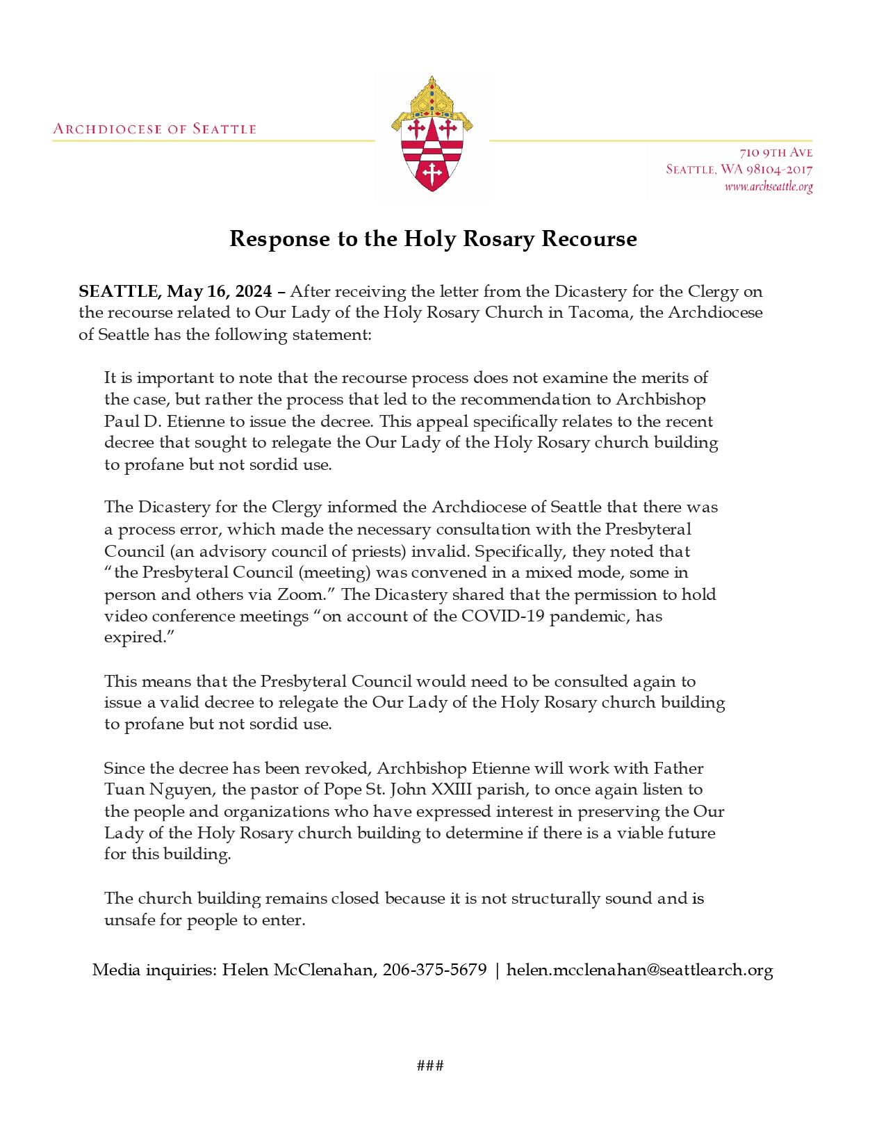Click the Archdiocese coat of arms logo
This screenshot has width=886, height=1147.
432,136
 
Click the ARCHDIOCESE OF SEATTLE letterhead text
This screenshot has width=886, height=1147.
155,129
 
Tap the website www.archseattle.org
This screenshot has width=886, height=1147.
768,186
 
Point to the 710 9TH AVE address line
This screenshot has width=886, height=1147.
776,152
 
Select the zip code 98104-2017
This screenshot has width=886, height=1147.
779,169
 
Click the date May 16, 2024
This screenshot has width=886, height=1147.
219,291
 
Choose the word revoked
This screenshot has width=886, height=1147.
337,768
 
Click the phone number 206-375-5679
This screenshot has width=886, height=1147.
434,970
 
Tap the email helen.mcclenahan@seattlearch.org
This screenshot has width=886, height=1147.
639,970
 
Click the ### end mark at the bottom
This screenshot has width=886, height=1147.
430,1066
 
